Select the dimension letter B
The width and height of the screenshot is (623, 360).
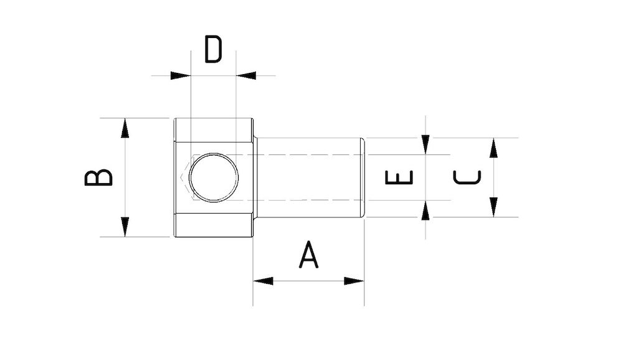pyautogui.click(x=99, y=178)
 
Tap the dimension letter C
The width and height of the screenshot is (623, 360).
pyautogui.click(x=467, y=178)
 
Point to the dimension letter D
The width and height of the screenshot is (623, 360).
pyautogui.click(x=213, y=50)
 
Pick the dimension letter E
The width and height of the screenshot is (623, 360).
pyautogui.click(x=399, y=178)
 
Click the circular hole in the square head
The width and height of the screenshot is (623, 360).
pyautogui.click(x=214, y=178)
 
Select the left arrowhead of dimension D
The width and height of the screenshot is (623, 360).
pyautogui.click(x=181, y=75)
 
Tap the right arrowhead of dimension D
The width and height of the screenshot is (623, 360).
pyautogui.click(x=246, y=75)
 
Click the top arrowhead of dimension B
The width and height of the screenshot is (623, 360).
pyautogui.click(x=125, y=128)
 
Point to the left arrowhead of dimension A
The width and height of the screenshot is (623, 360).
pyautogui.click(x=263, y=281)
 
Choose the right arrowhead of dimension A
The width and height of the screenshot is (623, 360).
pyautogui.click(x=354, y=281)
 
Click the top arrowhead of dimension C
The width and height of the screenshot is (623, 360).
pyautogui.click(x=493, y=148)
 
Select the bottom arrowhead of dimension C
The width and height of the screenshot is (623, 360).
pyautogui.click(x=493, y=207)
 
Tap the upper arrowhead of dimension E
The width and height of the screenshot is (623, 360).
pyautogui.click(x=426, y=144)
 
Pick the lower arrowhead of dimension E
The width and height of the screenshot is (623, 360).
pyautogui.click(x=426, y=211)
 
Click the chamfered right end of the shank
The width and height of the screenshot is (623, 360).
pyautogui.click(x=362, y=178)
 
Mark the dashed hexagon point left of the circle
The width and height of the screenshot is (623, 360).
pyautogui.click(x=183, y=178)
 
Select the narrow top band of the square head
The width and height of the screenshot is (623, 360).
pyautogui.click(x=213, y=130)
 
